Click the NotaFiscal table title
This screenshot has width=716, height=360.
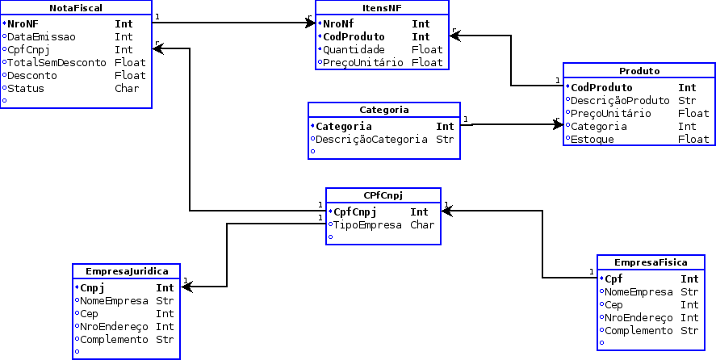click(75, 7)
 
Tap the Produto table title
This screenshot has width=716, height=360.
click(639, 71)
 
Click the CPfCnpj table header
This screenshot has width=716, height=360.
click(383, 195)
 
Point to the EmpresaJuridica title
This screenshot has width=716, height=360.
click(126, 271)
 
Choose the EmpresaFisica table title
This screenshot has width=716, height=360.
click(651, 262)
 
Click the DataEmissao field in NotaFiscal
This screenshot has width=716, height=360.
click(42, 36)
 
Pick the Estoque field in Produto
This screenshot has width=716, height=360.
click(592, 139)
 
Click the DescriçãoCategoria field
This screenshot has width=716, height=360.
click(371, 139)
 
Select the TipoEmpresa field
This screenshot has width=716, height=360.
click(367, 225)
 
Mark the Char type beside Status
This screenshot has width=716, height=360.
click(128, 88)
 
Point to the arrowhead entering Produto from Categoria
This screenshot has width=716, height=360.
click(558, 123)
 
